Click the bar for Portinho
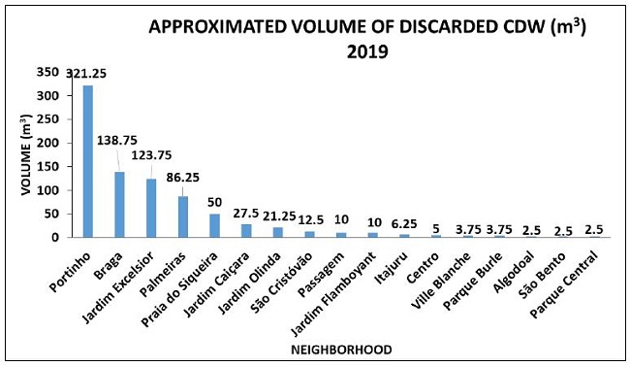(x=88, y=161)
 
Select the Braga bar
(x=120, y=204)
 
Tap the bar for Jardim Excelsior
(x=151, y=208)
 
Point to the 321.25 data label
(x=85, y=73)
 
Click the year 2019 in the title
(x=367, y=51)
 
